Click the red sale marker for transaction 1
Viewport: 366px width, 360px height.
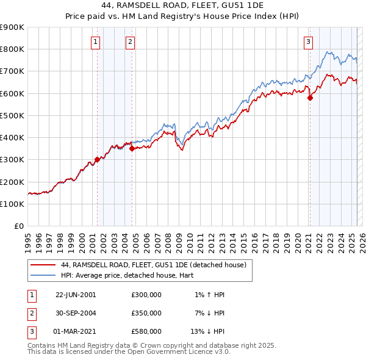[x=97, y=159]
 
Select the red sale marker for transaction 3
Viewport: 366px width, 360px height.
[x=310, y=98]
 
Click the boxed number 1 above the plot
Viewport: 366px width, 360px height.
[x=96, y=42]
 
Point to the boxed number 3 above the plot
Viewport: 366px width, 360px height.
[x=309, y=42]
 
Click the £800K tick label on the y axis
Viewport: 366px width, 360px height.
[x=13, y=49]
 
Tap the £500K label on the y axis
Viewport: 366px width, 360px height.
[x=13, y=115]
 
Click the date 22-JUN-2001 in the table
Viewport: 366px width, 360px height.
[x=76, y=295]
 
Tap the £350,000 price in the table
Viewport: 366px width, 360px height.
[x=146, y=313]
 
